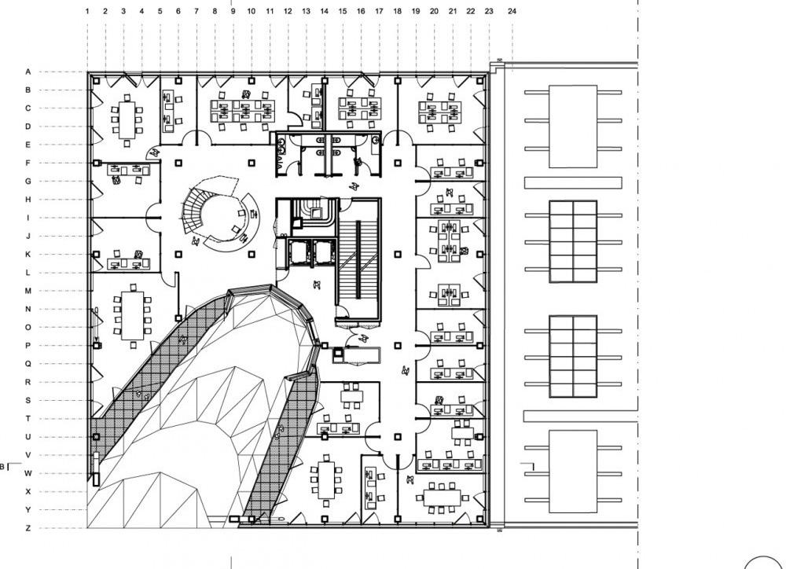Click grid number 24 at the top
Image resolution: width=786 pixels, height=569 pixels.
pos(512,12)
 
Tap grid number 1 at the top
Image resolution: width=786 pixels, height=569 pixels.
pos(86,12)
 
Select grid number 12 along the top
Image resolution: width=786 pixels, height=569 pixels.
pos(288,12)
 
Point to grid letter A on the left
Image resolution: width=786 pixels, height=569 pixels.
pos(28,72)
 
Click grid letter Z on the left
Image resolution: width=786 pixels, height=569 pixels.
pos(28,528)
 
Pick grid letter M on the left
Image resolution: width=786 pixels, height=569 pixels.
pos(28,291)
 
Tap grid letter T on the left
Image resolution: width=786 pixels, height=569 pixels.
pos(28,418)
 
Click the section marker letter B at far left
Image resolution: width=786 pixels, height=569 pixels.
pos(2,467)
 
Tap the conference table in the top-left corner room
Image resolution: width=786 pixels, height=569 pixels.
pos(127,119)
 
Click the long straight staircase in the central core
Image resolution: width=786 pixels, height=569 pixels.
pos(358,259)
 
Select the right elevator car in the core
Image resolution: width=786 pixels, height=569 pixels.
pos(323,251)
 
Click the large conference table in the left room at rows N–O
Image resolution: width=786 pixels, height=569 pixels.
pos(132,314)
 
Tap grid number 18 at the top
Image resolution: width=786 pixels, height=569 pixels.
pos(397,12)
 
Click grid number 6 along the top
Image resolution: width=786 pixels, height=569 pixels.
pos(178,12)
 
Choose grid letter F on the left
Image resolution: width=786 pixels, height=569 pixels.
pos(28,163)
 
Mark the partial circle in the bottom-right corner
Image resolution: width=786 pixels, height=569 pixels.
pos(766,560)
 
